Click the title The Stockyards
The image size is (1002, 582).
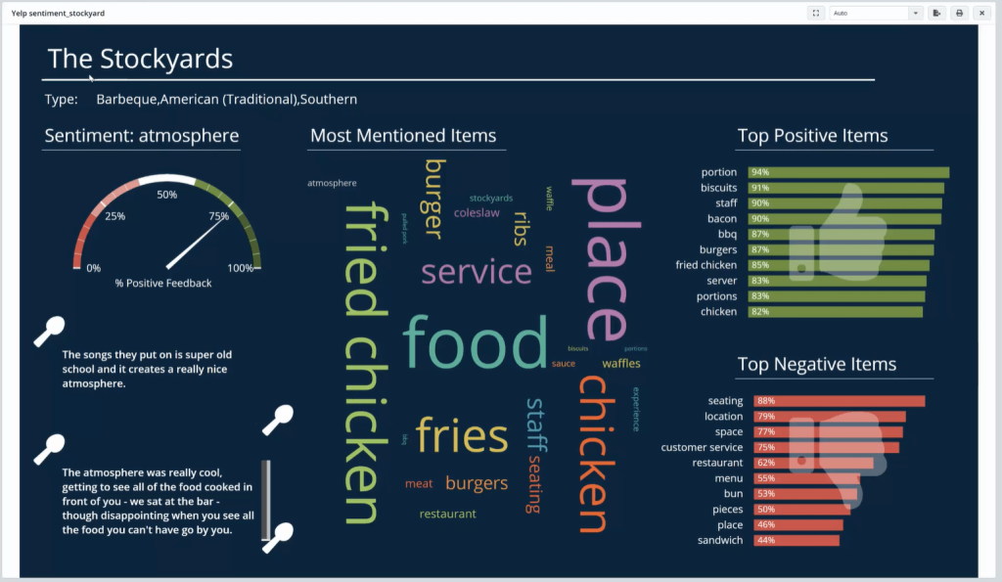coord(140,59)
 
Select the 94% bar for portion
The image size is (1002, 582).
coord(847,172)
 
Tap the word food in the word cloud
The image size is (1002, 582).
coord(475,342)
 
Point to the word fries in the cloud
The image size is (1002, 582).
coord(462,436)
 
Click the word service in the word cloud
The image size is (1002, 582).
coord(476,271)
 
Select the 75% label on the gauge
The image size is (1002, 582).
coord(219,216)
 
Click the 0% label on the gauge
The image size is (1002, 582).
coord(94,268)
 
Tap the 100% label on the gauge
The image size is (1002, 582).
coord(241,268)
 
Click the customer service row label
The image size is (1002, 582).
coord(702,448)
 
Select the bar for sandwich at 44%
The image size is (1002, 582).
coord(796,541)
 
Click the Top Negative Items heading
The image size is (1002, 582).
coord(816,365)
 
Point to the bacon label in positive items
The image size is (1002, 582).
coord(722,219)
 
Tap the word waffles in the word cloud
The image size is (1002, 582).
coord(621,364)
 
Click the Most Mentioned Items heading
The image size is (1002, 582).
coord(403,136)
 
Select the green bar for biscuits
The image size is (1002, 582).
coord(845,188)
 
